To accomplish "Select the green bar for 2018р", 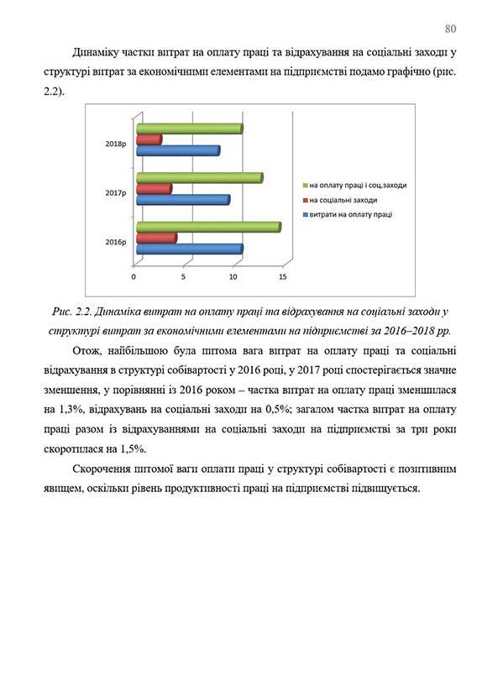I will coord(189,128).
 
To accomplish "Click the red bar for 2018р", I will coord(149,139).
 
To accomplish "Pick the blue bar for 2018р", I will coord(177,150).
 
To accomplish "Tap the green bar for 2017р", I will coord(199,177).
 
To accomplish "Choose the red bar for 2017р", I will coord(154,189).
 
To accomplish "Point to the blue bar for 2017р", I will coord(182,200).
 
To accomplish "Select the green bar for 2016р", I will coord(207,227).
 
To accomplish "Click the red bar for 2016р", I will coord(156,238).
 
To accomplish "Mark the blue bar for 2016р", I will coord(189,249).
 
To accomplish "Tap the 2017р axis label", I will coord(116,193).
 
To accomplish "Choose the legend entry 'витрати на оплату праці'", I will coord(350,214).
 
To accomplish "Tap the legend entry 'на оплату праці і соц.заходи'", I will coord(357,185).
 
